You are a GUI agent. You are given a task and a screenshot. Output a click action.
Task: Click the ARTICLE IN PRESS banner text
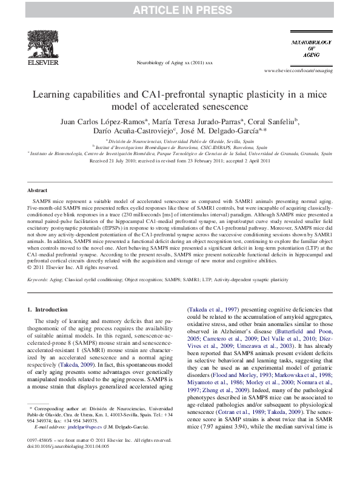point(179,8)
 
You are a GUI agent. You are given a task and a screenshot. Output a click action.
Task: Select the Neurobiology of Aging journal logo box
point(311,48)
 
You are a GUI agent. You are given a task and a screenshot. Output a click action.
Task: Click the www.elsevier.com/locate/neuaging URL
point(299,70)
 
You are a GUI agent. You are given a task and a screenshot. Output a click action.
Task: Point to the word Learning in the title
point(54,95)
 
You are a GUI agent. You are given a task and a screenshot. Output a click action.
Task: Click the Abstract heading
point(38,173)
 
